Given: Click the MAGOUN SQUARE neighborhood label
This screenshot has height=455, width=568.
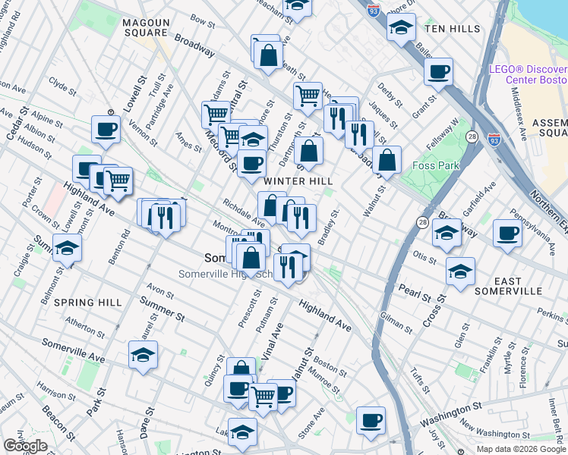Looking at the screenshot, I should pyautogui.click(x=145, y=28).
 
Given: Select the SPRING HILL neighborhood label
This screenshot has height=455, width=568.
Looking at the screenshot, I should pyautogui.click(x=89, y=303).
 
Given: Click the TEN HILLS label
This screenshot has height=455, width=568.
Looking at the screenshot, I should pyautogui.click(x=453, y=29).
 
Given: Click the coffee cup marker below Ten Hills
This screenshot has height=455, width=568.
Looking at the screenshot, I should pyautogui.click(x=438, y=73).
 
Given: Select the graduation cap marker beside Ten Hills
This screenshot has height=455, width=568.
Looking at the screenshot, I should pyautogui.click(x=399, y=28).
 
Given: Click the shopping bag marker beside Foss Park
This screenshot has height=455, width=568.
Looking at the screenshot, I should pyautogui.click(x=387, y=160).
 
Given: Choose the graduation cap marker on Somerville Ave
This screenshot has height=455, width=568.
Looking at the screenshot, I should pyautogui.click(x=143, y=355).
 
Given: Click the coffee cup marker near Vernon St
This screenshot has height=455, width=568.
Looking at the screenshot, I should pyautogui.click(x=106, y=128).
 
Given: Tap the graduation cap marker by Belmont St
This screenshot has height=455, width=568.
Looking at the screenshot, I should pyautogui.click(x=67, y=248).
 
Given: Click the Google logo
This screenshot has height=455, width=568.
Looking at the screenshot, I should pyautogui.click(x=25, y=446).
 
